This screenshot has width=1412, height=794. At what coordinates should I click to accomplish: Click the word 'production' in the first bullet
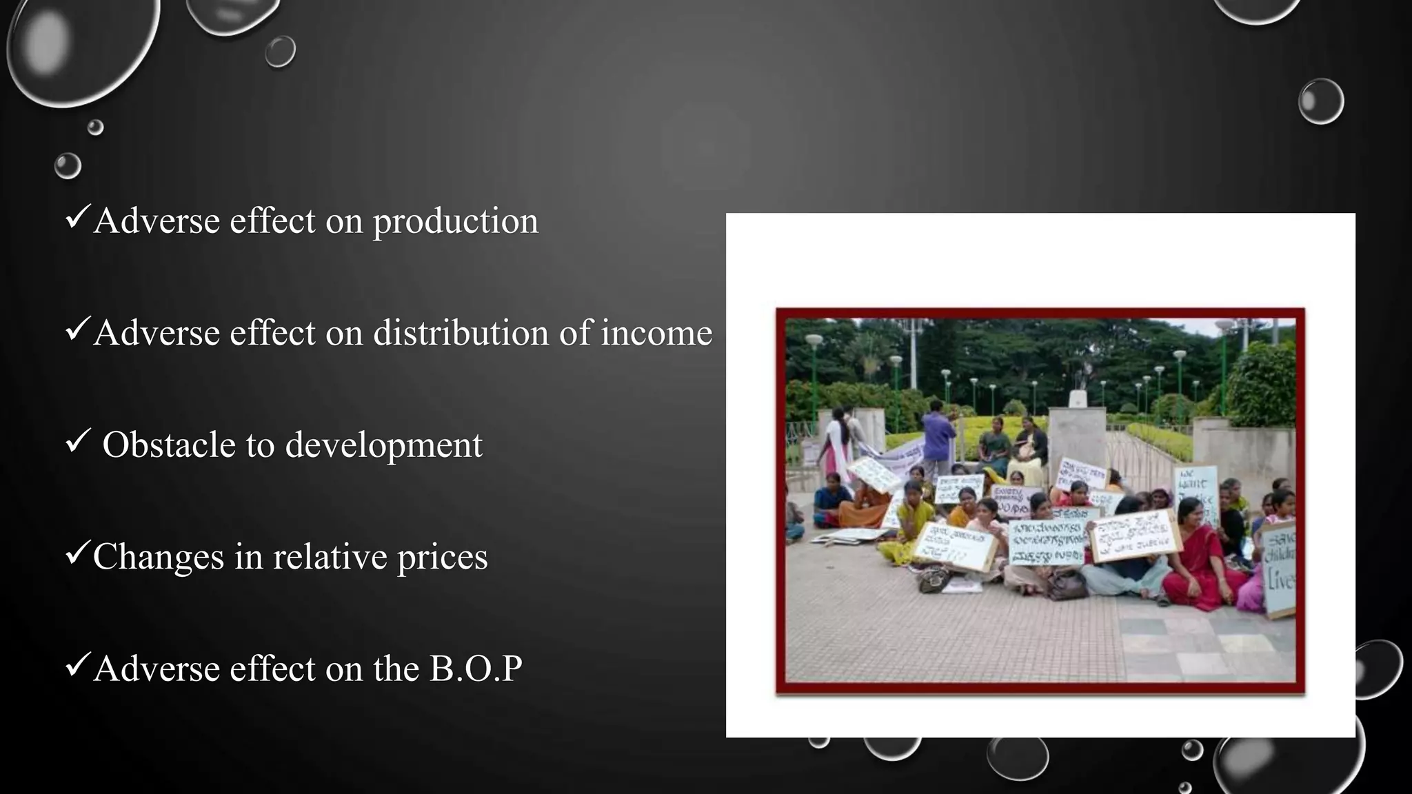(x=455, y=222)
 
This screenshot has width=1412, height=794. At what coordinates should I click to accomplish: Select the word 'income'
(x=656, y=333)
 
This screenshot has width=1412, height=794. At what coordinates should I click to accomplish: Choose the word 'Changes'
(x=159, y=557)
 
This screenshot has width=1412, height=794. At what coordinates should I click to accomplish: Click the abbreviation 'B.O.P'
(x=476, y=669)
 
